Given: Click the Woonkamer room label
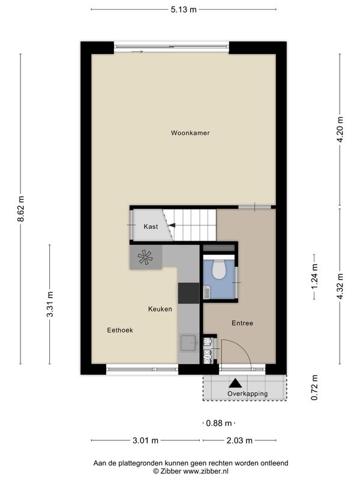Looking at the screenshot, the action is pyautogui.click(x=190, y=133).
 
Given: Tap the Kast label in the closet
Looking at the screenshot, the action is pyautogui.click(x=151, y=227).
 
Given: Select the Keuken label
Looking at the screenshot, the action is pyautogui.click(x=160, y=309).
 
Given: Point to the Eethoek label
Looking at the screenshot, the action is pyautogui.click(x=120, y=330).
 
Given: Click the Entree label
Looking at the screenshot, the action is pyautogui.click(x=242, y=323).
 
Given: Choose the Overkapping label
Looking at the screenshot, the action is pyautogui.click(x=247, y=394).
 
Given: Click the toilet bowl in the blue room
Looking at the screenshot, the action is pyautogui.click(x=219, y=269).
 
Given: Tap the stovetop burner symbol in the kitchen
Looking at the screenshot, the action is pyautogui.click(x=145, y=257).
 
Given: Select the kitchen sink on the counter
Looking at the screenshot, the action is pyautogui.click(x=188, y=343).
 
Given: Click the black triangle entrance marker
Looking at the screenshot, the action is pyautogui.click(x=235, y=383).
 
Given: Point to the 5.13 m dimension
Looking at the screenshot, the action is pyautogui.click(x=184, y=10).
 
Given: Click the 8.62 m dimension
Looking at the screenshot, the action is pyautogui.click(x=20, y=208).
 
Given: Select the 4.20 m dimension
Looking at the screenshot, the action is pyautogui.click(x=340, y=130).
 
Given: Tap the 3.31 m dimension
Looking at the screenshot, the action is pyautogui.click(x=50, y=304).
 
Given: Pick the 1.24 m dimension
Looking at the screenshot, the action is pyautogui.click(x=314, y=277).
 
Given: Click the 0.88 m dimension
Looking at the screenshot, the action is pyautogui.click(x=219, y=423).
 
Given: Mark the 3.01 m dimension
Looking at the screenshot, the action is pyautogui.click(x=145, y=440).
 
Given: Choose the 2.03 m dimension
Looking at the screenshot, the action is pyautogui.click(x=239, y=440).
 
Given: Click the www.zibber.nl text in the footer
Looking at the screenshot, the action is pyautogui.click(x=206, y=471).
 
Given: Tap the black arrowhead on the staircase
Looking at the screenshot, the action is pyautogui.click(x=172, y=226).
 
